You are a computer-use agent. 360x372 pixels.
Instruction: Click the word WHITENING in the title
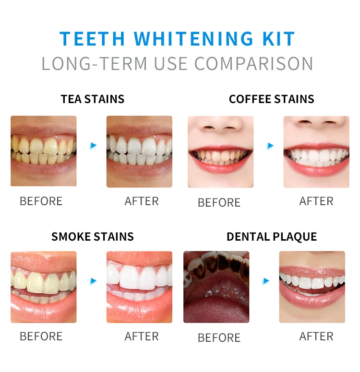193,39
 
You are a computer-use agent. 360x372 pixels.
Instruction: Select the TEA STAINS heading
93,99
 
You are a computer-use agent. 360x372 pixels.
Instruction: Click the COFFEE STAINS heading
272,99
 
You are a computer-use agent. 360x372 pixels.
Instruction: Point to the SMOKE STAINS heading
93,236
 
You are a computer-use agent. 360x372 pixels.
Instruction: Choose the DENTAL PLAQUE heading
272,236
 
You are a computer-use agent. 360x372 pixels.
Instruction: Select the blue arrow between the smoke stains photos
93,281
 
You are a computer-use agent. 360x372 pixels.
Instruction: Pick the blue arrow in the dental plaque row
266,281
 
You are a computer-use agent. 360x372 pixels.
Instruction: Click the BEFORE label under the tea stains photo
41,201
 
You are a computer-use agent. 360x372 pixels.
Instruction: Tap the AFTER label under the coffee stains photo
316,201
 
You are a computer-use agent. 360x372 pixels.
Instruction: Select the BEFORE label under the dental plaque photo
219,338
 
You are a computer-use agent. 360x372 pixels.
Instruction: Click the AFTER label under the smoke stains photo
142,337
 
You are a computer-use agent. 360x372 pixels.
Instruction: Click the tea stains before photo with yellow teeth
44,151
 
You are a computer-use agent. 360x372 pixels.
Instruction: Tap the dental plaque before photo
216,287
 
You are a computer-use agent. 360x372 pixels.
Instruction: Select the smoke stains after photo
139,287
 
